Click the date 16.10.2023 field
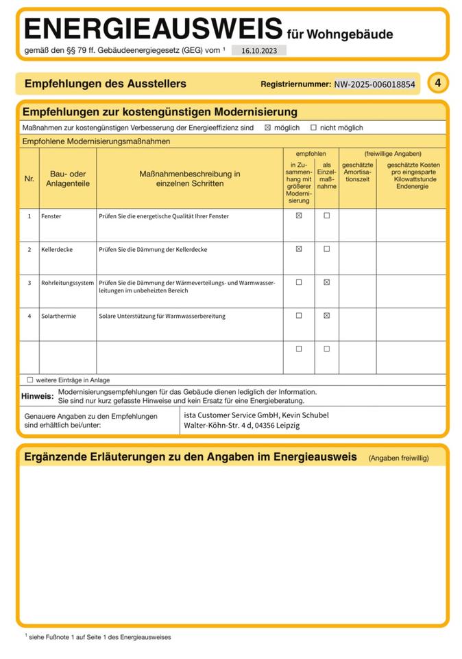tap(258, 50)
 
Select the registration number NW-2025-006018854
tap(374, 84)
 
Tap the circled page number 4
tap(438, 83)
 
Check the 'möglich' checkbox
tap(268, 128)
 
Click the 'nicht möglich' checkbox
tap(313, 128)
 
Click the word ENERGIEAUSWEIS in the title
tap(153, 30)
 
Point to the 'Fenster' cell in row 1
tap(51, 216)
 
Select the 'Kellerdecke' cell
tap(56, 249)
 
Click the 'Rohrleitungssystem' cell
tap(67, 283)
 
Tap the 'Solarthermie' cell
tap(58, 316)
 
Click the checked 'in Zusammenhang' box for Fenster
tap(299, 216)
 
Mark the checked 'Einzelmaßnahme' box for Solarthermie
tap(326, 316)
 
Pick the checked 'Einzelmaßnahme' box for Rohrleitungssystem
tap(326, 282)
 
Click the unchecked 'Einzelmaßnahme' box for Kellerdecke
tap(326, 249)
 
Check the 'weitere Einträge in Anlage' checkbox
tap(30, 380)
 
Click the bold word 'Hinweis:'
tap(37, 396)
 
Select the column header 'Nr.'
tap(29, 178)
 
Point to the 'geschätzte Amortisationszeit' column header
tap(357, 172)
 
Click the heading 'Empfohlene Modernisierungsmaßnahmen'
tap(96, 141)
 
